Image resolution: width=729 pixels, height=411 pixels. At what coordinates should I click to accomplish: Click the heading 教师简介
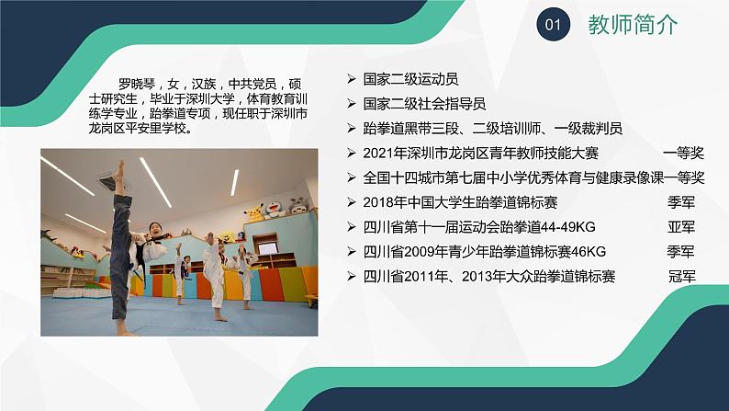633,26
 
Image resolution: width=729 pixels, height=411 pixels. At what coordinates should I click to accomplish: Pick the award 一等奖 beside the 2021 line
683,153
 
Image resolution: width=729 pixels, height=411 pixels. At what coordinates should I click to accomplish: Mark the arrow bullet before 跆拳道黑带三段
353,129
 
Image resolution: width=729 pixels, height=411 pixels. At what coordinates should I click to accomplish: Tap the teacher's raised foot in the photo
119,169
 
